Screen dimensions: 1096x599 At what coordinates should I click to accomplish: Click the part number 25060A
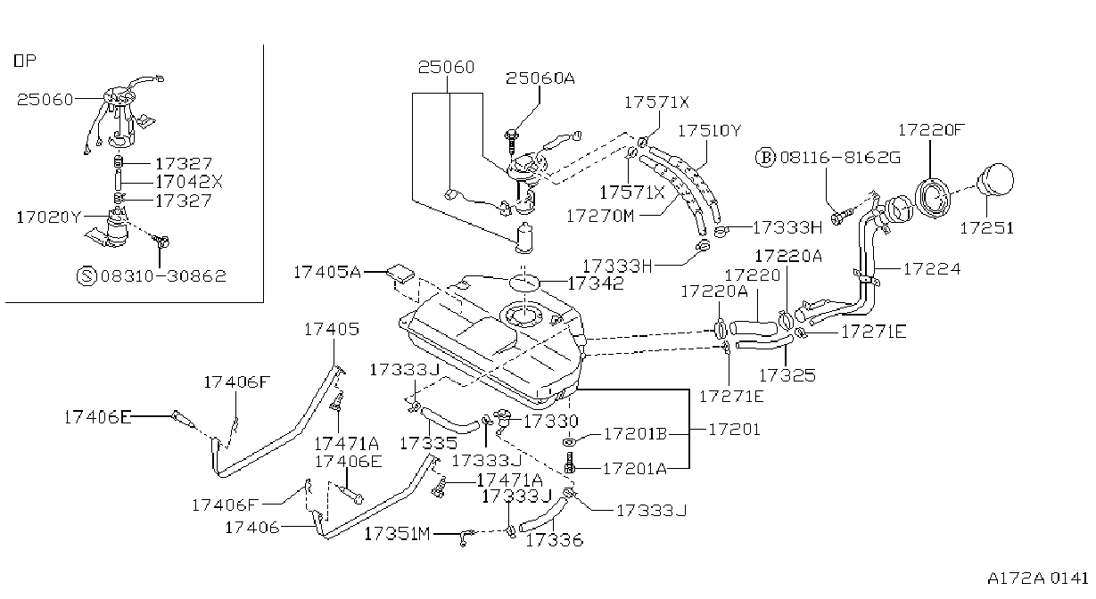(x=540, y=78)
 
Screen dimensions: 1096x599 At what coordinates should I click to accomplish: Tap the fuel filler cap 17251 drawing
(x=994, y=180)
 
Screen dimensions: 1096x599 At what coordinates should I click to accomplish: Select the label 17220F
(x=931, y=130)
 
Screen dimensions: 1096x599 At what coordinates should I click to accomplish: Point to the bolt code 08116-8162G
(x=840, y=158)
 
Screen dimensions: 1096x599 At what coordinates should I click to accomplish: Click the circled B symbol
(x=766, y=158)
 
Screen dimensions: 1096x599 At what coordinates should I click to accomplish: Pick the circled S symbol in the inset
(x=87, y=276)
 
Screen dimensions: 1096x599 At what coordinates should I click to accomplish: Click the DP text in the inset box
(x=25, y=61)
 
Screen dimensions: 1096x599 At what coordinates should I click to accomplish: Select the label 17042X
(x=189, y=182)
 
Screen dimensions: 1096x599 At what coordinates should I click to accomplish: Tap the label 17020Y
(x=49, y=217)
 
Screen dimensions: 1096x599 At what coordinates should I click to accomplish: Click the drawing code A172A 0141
(x=1037, y=578)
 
